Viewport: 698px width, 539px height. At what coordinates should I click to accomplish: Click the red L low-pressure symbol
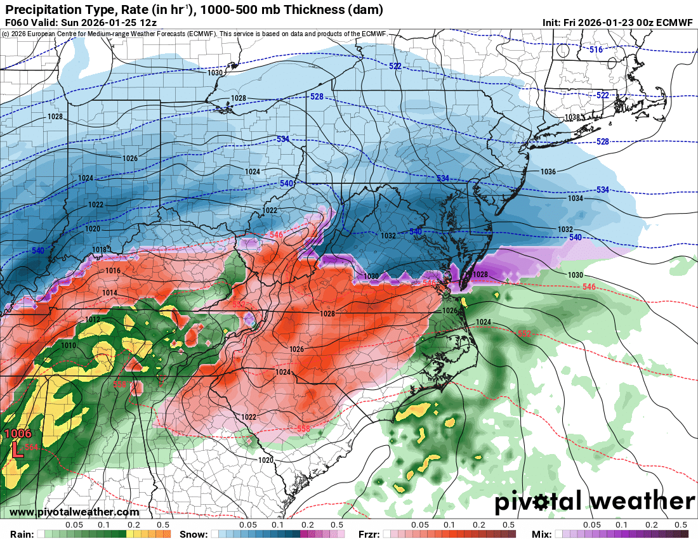pyautogui.click(x=18, y=451)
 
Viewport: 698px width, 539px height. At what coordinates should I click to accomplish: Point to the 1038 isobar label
pyautogui.click(x=573, y=117)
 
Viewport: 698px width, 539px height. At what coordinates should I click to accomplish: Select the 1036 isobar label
pyautogui.click(x=548, y=172)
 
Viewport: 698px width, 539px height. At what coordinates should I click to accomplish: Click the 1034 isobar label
pyautogui.click(x=575, y=198)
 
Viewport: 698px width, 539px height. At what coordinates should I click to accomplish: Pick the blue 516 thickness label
pyautogui.click(x=595, y=49)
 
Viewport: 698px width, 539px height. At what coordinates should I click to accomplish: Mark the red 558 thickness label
pyautogui.click(x=304, y=429)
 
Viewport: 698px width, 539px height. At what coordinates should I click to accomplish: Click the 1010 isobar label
pyautogui.click(x=69, y=346)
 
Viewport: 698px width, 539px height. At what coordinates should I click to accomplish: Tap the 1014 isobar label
pyautogui.click(x=110, y=292)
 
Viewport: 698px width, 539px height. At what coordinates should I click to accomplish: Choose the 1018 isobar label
pyautogui.click(x=100, y=249)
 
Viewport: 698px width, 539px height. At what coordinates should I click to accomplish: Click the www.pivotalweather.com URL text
pyautogui.click(x=74, y=512)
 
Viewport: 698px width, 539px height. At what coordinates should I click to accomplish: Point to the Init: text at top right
pyautogui.click(x=556, y=22)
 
